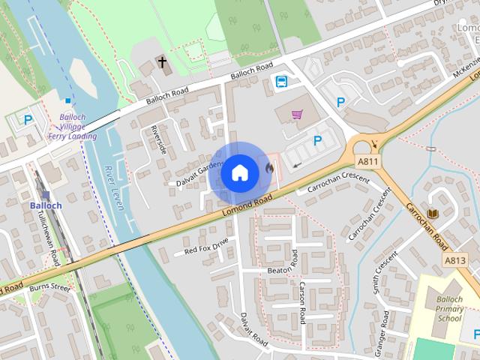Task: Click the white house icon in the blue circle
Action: point(239,172)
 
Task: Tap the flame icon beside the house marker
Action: point(268,169)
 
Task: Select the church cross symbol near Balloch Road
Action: point(162,62)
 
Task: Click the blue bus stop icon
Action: point(281,82)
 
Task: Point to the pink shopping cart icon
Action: point(298,115)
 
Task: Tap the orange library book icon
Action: point(432,214)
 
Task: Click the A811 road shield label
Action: point(368,162)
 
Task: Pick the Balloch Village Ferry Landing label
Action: point(78,126)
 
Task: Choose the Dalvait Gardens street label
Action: point(200,172)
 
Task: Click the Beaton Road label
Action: point(283,269)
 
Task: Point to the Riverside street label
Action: point(159,139)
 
